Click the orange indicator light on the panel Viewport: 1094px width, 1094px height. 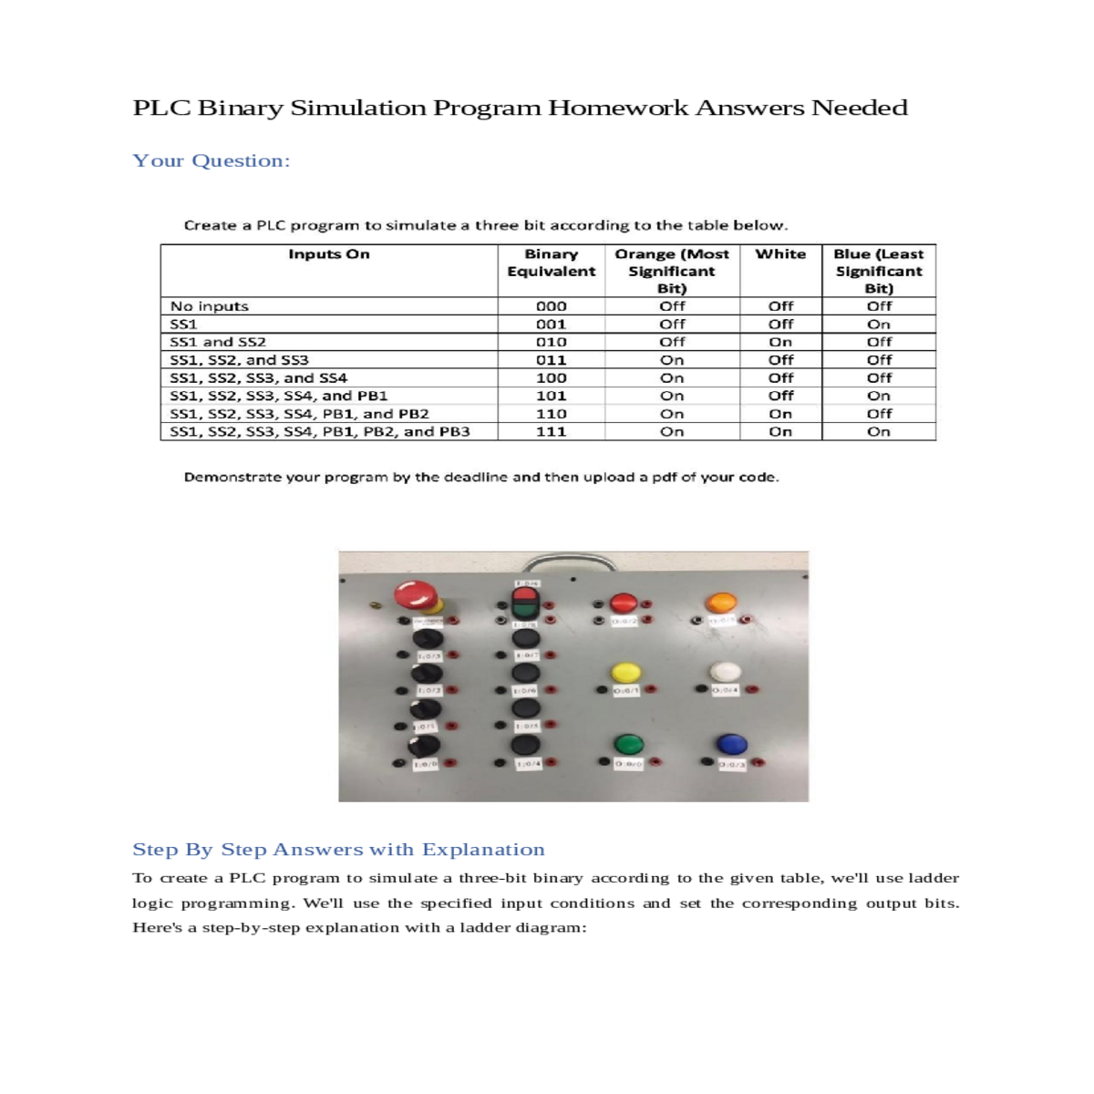pyautogui.click(x=721, y=602)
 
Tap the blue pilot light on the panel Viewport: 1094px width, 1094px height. pyautogui.click(x=732, y=744)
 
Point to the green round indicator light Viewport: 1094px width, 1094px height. pyautogui.click(x=628, y=743)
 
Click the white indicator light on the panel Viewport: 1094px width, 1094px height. pyautogui.click(x=727, y=672)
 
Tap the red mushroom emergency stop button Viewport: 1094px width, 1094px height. pyautogui.click(x=416, y=595)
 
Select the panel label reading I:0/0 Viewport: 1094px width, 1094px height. pyautogui.click(x=425, y=764)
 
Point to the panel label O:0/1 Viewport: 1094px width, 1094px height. pyautogui.click(x=626, y=691)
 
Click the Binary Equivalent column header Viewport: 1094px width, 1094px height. pyautogui.click(x=551, y=263)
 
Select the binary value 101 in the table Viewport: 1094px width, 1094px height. pyautogui.click(x=551, y=396)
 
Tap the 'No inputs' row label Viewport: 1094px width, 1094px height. pyautogui.click(x=209, y=306)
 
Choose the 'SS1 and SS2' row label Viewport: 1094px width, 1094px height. pyautogui.click(x=218, y=342)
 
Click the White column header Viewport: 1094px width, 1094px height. pyautogui.click(x=780, y=254)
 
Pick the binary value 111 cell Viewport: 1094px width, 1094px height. pyautogui.click(x=551, y=431)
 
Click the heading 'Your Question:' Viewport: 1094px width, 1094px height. pyautogui.click(x=211, y=160)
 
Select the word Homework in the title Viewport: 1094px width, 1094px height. pyautogui.click(x=617, y=108)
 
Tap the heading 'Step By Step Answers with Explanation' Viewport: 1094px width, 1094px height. pyautogui.click(x=338, y=850)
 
